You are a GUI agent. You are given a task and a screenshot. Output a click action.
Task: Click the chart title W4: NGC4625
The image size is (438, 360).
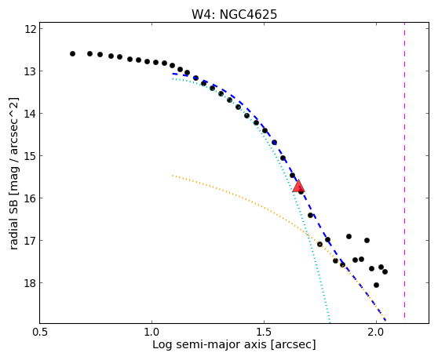tap(234, 15)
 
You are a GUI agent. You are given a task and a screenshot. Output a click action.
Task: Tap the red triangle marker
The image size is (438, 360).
tap(298, 186)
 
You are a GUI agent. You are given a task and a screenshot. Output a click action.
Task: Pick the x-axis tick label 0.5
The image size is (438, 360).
tap(40, 333)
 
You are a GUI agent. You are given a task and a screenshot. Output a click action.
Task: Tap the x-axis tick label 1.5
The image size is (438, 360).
tap(264, 333)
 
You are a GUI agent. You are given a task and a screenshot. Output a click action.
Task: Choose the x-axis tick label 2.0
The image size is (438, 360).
tap(376, 333)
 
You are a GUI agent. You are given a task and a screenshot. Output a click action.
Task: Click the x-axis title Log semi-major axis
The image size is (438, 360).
tap(210, 344)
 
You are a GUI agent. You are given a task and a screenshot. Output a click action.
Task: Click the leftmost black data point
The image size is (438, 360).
tap(73, 53)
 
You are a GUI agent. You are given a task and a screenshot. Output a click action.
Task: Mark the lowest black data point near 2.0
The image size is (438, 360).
tap(376, 285)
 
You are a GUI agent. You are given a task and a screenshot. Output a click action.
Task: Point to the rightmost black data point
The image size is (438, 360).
tap(385, 271)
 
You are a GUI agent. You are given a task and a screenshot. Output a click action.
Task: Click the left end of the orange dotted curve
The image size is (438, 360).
tap(173, 175)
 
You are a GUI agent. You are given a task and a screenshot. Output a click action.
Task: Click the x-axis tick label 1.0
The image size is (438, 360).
tap(151, 333)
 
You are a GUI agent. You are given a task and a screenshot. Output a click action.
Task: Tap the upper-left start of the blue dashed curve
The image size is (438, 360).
tap(173, 74)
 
